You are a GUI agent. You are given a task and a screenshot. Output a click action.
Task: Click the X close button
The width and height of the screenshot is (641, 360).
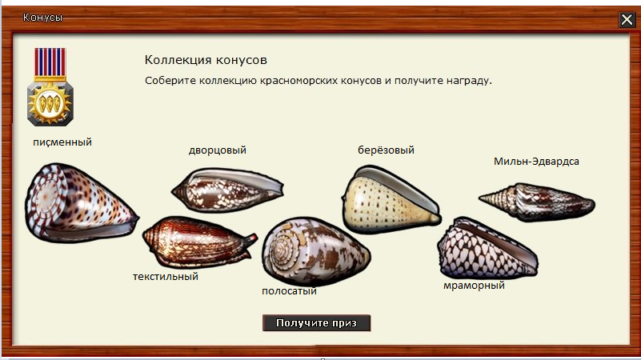[627, 19]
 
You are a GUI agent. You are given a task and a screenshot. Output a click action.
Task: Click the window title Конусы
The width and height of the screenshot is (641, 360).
[43, 18]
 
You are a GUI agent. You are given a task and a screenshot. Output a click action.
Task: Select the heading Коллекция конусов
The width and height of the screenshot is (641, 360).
[206, 60]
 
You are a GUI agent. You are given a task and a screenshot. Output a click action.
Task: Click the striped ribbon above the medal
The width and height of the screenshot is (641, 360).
[50, 62]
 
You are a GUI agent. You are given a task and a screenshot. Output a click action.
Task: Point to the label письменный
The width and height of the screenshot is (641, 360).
[62, 142]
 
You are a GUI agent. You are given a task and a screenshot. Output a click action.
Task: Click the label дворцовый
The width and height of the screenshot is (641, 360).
[218, 150]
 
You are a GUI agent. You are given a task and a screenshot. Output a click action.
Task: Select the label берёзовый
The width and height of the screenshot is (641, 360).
[386, 150]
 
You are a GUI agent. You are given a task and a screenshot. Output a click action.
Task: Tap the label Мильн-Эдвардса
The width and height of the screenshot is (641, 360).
[536, 162]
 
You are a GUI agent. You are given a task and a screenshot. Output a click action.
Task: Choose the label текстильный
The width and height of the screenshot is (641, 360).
[166, 277]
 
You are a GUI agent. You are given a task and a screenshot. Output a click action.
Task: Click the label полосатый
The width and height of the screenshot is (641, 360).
[290, 291]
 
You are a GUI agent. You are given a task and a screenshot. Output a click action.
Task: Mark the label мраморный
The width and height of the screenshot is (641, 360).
[475, 286]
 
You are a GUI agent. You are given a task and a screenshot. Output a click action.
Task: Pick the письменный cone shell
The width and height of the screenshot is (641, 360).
[81, 202]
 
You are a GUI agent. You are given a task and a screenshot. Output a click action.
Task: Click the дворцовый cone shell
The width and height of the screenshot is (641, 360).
[227, 190]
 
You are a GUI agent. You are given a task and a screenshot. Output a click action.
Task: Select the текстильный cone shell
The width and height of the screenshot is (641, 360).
[199, 242]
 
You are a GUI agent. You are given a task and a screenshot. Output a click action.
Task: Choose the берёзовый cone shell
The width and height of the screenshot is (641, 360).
[391, 200]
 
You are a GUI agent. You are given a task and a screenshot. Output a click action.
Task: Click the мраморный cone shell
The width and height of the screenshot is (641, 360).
[487, 249]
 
